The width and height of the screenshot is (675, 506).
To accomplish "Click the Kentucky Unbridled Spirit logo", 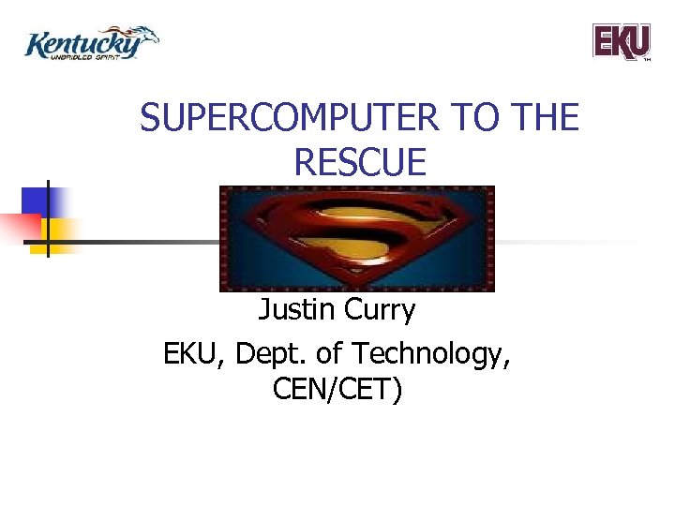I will pos(91,43).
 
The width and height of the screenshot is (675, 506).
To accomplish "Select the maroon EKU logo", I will pos(621,41).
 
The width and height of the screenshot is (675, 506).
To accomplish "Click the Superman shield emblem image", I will pos(356,238).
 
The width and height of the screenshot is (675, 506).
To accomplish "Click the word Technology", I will pos(431,354).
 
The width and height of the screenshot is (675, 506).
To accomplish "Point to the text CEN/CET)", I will pos(337,390).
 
